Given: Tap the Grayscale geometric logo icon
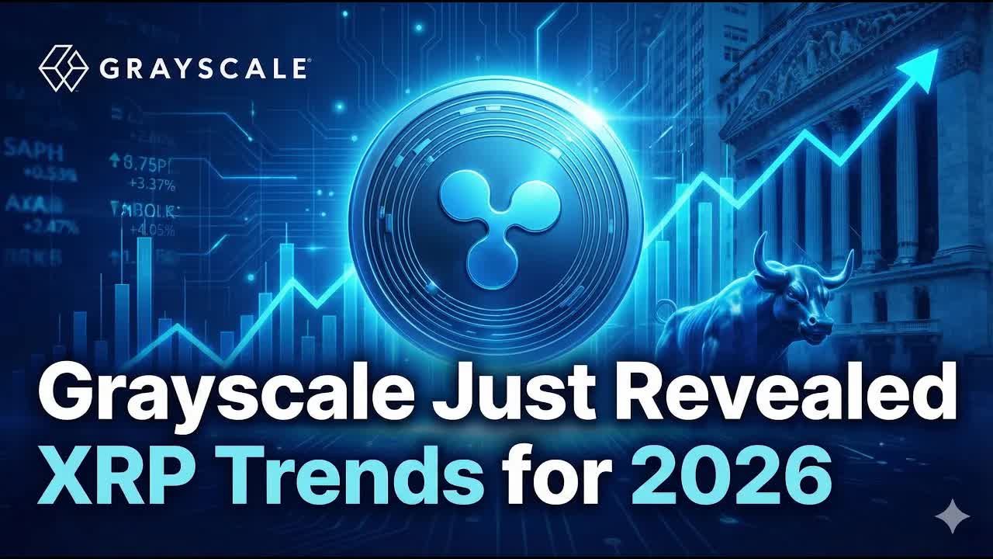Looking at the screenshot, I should click(63, 68).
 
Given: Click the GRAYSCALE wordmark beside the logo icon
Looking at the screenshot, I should click(203, 68).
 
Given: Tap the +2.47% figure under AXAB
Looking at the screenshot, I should click(51, 227).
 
